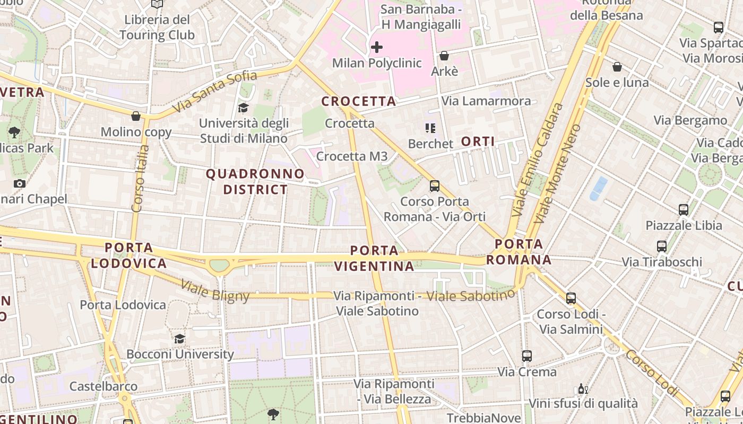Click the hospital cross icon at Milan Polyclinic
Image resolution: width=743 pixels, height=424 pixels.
pos(377,47)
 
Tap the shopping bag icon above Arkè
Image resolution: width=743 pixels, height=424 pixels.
pos(444,56)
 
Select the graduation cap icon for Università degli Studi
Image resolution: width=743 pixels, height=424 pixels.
pos(243,108)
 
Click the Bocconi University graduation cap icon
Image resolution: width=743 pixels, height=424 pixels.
pos(180,339)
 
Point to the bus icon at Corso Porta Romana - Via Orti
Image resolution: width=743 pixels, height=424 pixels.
pos(435,186)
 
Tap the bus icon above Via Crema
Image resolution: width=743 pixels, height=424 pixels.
pos(526,356)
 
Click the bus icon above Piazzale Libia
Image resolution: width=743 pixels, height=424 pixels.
pos(684,210)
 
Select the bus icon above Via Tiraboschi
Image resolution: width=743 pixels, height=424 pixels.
pos(661,246)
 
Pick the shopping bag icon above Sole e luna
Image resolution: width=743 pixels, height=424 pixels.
pos(617,67)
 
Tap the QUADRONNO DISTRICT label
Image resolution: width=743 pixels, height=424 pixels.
pos(255,182)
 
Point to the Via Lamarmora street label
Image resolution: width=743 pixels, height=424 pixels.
pos(486,101)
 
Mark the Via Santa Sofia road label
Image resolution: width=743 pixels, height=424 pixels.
pos(214,92)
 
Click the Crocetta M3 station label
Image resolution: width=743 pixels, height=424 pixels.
pos(352,156)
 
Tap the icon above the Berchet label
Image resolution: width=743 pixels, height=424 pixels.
pos(430,128)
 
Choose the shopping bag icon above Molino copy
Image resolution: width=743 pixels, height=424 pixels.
pos(136,116)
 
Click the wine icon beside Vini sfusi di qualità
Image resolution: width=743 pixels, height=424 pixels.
pos(583,389)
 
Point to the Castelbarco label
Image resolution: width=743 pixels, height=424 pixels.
pos(103,386)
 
